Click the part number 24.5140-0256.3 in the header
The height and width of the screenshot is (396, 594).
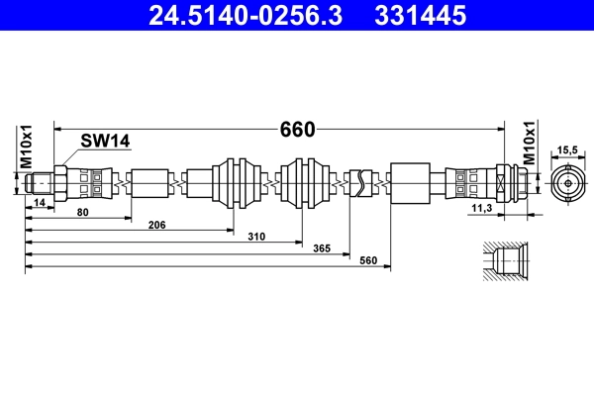246,16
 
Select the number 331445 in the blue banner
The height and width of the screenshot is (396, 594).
420,16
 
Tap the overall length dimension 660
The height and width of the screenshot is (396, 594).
297,130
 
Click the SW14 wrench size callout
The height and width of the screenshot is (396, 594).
105,141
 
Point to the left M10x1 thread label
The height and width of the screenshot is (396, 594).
26,148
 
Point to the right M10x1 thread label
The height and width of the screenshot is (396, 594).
530,143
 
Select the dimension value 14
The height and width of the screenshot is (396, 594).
40,203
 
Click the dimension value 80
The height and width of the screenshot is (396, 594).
82,212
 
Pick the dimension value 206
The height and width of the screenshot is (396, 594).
156,225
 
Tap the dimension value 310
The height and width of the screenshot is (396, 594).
256,237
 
